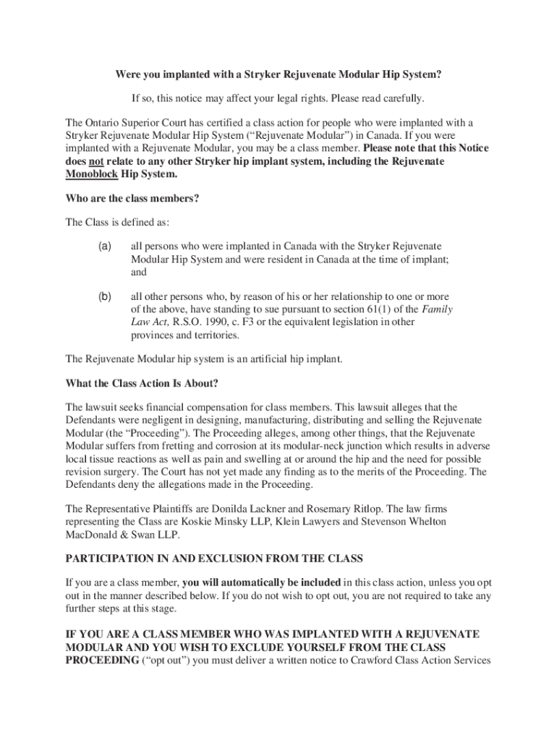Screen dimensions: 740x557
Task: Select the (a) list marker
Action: coord(105,246)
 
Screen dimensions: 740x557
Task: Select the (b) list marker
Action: coord(105,296)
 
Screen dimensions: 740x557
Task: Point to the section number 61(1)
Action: coord(356,309)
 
